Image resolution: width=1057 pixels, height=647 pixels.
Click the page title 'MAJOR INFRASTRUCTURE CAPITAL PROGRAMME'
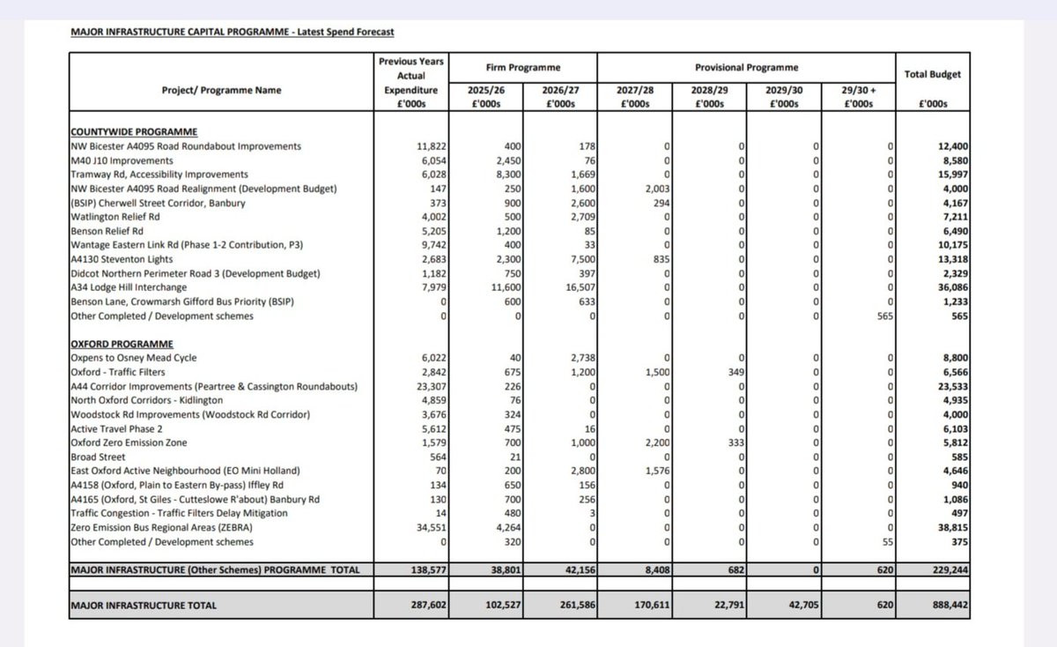[x=176, y=33]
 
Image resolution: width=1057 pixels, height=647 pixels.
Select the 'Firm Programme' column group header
[x=523, y=67]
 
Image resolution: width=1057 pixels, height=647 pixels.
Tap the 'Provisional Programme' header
[x=745, y=67]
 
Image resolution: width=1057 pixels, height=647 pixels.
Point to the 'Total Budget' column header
[x=933, y=74]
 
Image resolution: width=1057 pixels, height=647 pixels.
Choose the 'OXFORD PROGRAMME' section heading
[x=122, y=343]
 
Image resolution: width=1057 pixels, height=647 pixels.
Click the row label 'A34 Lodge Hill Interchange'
[x=131, y=286]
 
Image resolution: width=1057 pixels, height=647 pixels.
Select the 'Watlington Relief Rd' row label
[x=115, y=216]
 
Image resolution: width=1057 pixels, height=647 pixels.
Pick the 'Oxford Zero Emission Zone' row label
[x=129, y=442]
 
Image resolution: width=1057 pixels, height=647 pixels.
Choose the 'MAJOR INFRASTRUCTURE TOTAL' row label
[x=144, y=606]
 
